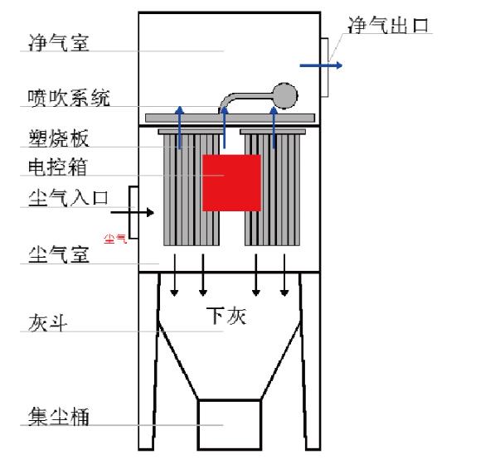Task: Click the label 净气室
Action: (x=59, y=42)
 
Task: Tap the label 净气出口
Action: (x=388, y=25)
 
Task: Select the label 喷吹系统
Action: (x=69, y=98)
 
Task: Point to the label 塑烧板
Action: (x=59, y=138)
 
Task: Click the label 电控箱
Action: (x=57, y=167)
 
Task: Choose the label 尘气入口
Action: (x=68, y=198)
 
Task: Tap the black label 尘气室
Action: (x=59, y=254)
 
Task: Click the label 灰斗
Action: (x=47, y=323)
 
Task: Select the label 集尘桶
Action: (x=59, y=416)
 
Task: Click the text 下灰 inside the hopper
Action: (x=226, y=316)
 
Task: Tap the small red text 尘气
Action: (x=115, y=239)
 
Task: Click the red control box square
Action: (x=231, y=182)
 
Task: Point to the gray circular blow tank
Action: (x=284, y=96)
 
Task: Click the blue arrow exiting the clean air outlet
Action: (x=321, y=65)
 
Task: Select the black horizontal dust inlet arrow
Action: (x=133, y=213)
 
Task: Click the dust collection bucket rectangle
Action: (x=230, y=424)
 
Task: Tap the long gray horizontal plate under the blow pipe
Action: (x=231, y=118)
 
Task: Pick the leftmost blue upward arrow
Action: (x=180, y=128)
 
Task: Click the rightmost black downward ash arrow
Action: (x=284, y=275)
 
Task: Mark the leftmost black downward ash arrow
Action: (x=175, y=275)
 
